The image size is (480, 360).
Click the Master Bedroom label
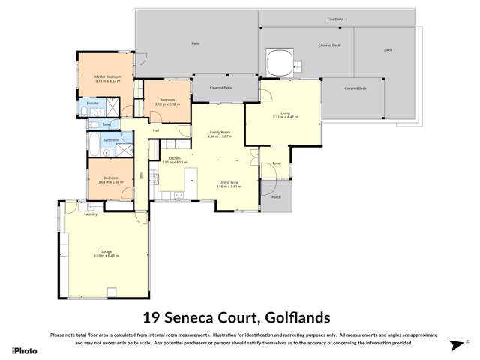click(x=106, y=76)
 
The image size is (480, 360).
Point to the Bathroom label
click(x=111, y=140)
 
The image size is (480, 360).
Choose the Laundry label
click(x=91, y=214)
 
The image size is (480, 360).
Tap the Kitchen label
click(x=174, y=157)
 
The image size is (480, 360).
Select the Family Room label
click(x=220, y=133)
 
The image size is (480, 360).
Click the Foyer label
click(x=276, y=163)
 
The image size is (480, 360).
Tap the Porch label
click(x=276, y=197)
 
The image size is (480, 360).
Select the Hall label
click(x=156, y=130)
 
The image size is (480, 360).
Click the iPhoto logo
click(x=24, y=350)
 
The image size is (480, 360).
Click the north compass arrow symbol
click(x=454, y=345)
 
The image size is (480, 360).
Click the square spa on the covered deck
click(x=280, y=61)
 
